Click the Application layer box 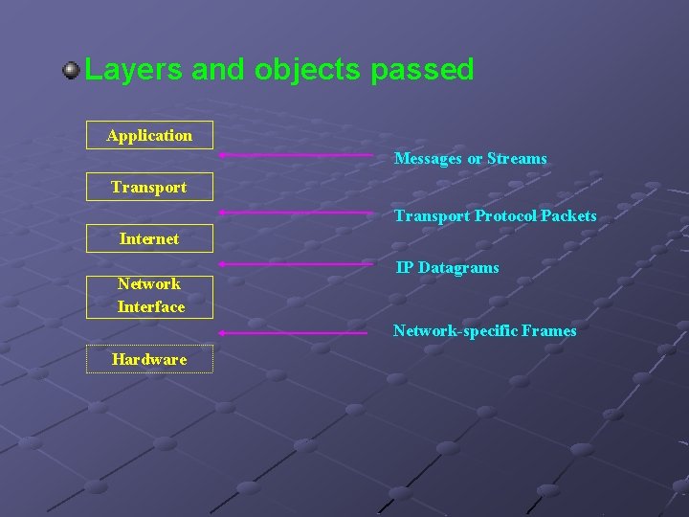point(149,135)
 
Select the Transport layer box point(149,187)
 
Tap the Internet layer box point(149,238)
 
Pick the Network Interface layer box point(149,295)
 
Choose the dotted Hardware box point(149,359)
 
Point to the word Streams point(517,159)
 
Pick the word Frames point(549,331)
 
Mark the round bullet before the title point(71,70)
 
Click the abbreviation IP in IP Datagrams point(405,268)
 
